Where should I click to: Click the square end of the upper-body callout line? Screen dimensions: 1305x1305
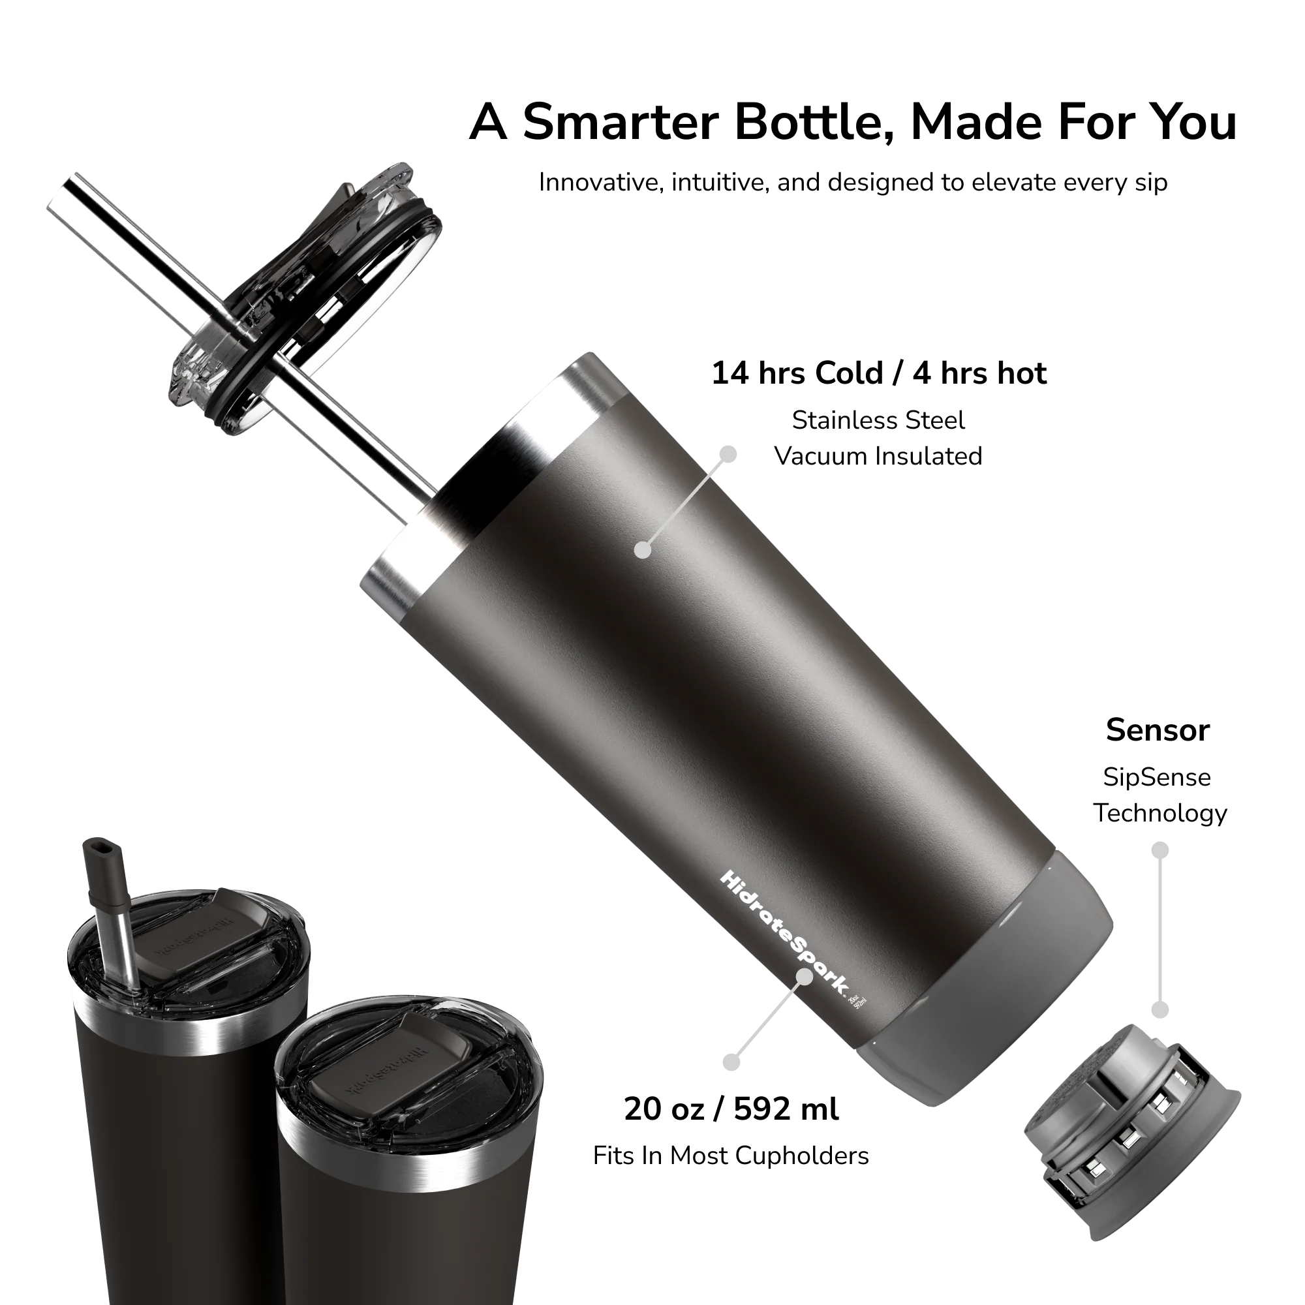coord(728,453)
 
